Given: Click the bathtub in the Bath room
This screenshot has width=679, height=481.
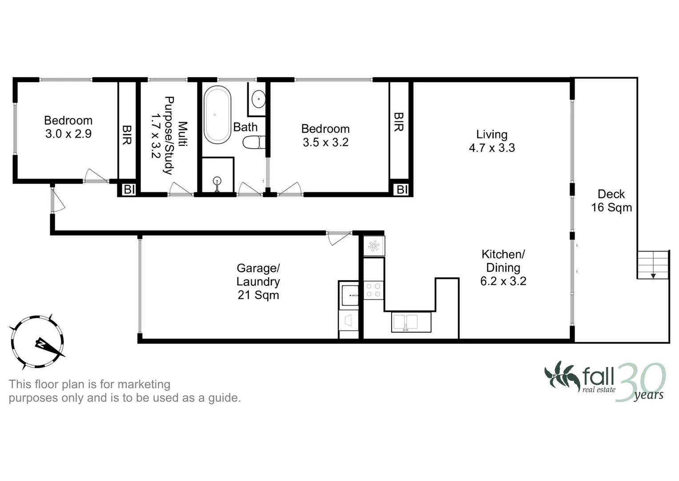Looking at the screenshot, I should [x=217, y=115].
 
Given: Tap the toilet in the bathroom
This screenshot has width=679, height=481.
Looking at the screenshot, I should [x=253, y=143].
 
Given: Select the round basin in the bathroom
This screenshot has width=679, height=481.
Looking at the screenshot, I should [x=258, y=99].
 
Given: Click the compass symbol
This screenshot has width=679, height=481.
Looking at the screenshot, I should [x=37, y=342].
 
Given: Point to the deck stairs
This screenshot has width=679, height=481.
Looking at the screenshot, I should [x=653, y=265].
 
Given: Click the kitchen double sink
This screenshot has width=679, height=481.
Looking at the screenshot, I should [x=411, y=322].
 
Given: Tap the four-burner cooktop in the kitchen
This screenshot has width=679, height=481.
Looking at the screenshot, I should [x=373, y=290].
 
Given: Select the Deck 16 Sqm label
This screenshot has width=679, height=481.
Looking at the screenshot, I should [x=611, y=201].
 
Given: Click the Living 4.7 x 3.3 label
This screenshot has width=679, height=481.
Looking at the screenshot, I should [x=491, y=141].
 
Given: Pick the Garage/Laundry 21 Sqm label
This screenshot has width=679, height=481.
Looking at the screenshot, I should [x=258, y=281].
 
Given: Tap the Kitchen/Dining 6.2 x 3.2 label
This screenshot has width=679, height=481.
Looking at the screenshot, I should [x=503, y=268].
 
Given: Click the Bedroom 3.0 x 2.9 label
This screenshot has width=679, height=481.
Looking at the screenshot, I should [x=68, y=127].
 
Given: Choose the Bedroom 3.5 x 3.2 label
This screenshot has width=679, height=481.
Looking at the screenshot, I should [x=325, y=135].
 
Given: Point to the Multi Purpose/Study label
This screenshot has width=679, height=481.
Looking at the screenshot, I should [x=169, y=135].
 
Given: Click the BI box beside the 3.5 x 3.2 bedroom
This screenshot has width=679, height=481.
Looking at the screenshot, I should [x=402, y=189].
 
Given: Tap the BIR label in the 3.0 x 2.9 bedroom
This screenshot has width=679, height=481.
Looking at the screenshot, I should [x=127, y=135].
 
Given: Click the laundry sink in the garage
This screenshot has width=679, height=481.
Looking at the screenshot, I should [x=350, y=295].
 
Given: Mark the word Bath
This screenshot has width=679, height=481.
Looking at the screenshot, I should [x=245, y=127].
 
